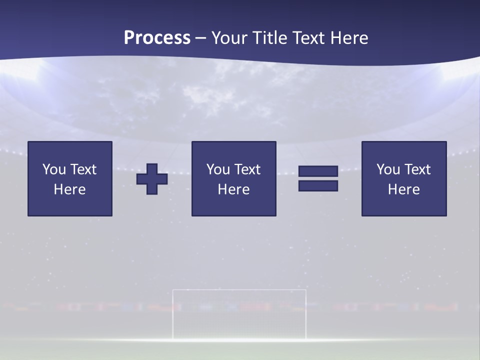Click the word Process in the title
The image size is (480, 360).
pos(157,38)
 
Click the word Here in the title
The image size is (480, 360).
pos(349,38)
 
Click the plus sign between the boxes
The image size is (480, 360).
pos(152,179)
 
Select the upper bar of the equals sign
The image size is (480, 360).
pos(318,171)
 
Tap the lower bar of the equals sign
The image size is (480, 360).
pos(318,186)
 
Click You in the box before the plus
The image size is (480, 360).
pos(54,169)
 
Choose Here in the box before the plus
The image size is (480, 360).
pos(69,189)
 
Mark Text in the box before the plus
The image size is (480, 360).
pos(83,169)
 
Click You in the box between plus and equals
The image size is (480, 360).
pos(218,169)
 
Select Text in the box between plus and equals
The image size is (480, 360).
pos(247,169)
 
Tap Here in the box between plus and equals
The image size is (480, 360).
pos(233,189)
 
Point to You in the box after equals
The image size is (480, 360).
pos(388,169)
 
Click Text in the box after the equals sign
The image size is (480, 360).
pos(417,169)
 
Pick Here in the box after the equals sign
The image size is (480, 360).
pos(403,189)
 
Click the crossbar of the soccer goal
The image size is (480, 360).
pos(239,290)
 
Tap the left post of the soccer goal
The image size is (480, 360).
pos(173,315)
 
